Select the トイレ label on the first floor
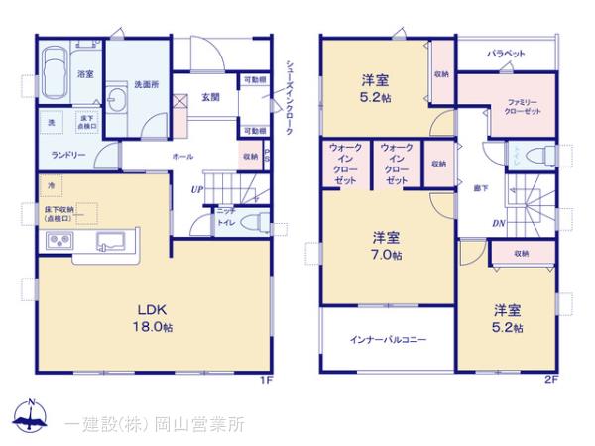[x=226, y=223]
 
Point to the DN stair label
[x=498, y=222]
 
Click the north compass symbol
[x=33, y=417]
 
